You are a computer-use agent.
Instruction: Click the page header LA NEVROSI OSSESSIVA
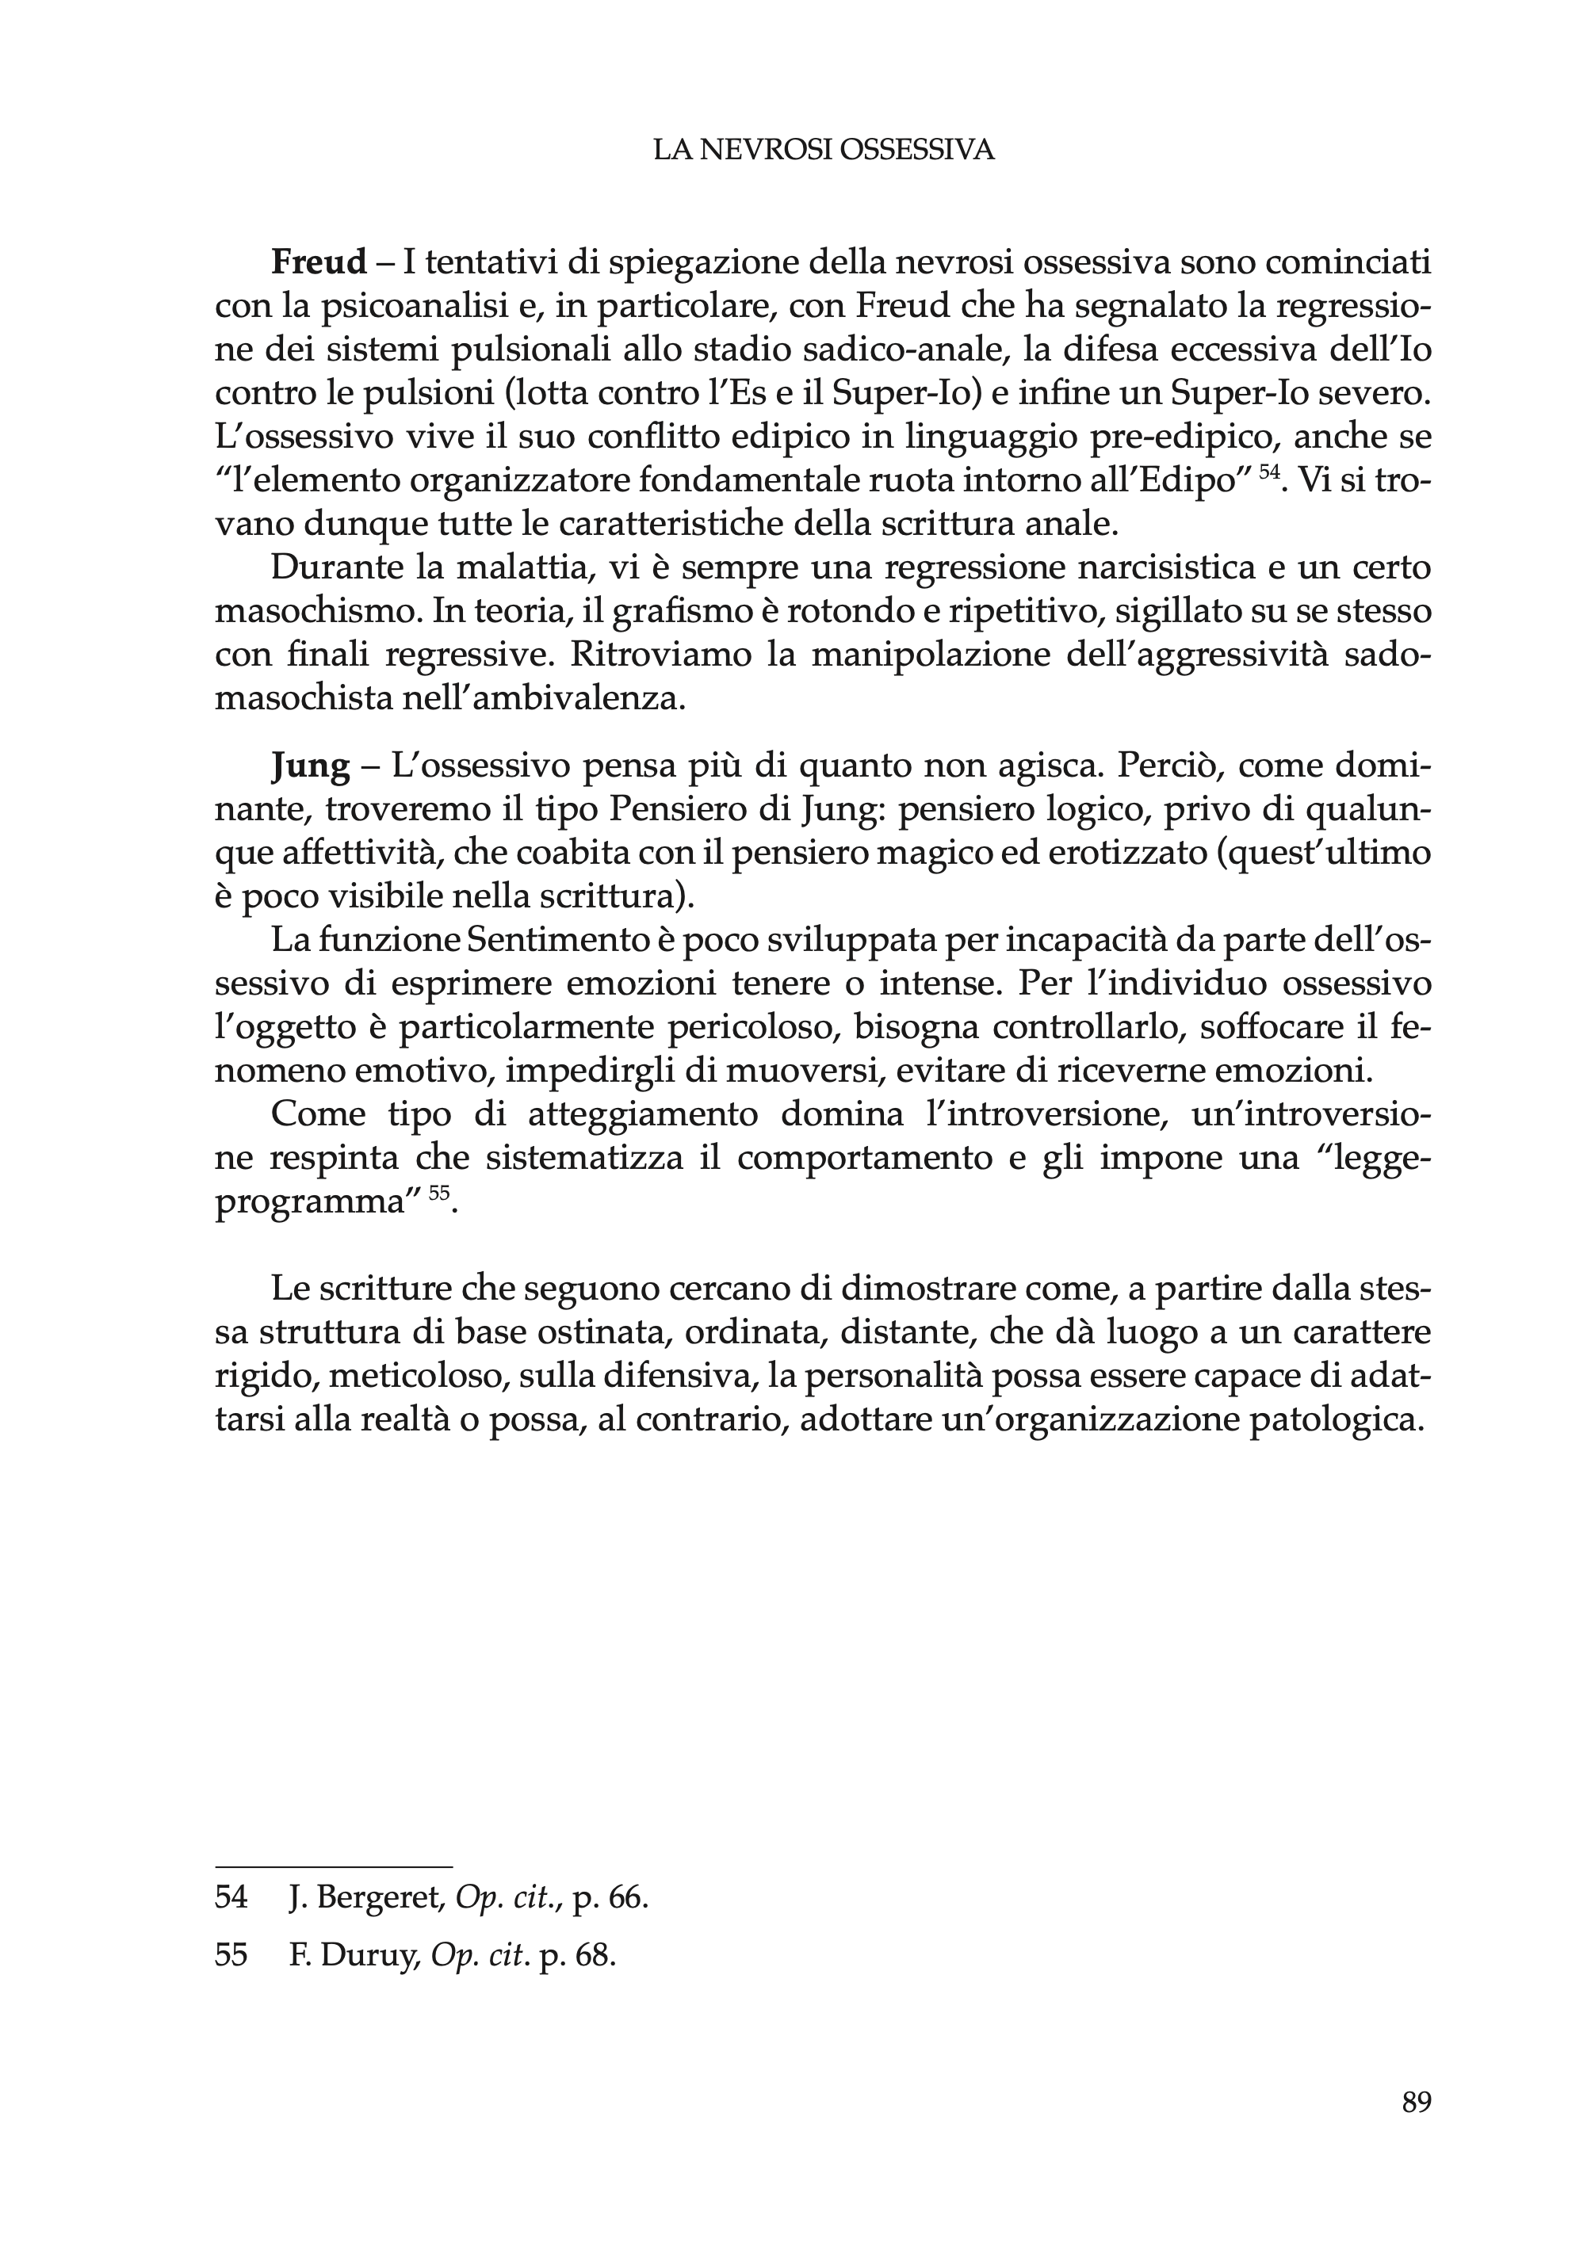click(x=824, y=150)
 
